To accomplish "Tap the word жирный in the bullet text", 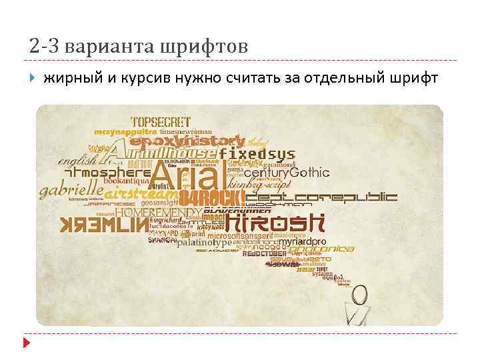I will tap(71, 79).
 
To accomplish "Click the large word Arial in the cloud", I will tap(185, 175).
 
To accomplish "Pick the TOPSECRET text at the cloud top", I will tap(161, 123).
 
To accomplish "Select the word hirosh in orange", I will tap(275, 222).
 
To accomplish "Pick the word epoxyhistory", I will tap(187, 141).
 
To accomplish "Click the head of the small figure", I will tap(361, 293).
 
